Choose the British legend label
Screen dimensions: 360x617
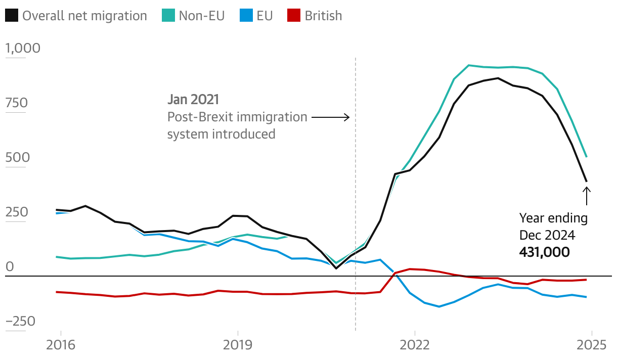(x=323, y=16)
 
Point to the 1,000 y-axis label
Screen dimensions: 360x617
(x=22, y=49)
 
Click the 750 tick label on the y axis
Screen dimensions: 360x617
(x=16, y=103)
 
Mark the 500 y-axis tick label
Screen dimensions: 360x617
(x=17, y=158)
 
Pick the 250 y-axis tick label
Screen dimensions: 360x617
(x=16, y=212)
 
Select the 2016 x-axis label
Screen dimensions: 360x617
(x=61, y=345)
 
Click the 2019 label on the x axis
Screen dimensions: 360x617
(x=238, y=345)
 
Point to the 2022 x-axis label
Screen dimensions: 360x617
(x=415, y=345)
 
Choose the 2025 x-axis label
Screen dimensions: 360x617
(x=592, y=345)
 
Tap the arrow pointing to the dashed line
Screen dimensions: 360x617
(x=330, y=117)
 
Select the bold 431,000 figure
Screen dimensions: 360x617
(x=544, y=252)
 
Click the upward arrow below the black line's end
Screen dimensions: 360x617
(x=586, y=196)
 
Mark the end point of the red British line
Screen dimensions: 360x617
(x=586, y=280)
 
